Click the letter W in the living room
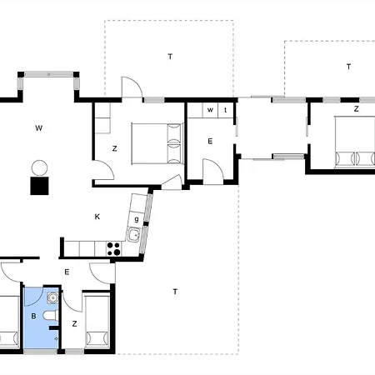pyautogui.click(x=39, y=128)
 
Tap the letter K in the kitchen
pyautogui.click(x=97, y=217)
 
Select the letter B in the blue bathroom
pyautogui.click(x=33, y=316)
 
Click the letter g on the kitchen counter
pyautogui.click(x=137, y=219)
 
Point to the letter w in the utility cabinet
pyautogui.click(x=210, y=110)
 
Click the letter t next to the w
pyautogui.click(x=225, y=110)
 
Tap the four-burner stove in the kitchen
pyautogui.click(x=114, y=249)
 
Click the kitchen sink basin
pyautogui.click(x=134, y=234)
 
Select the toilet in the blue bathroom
pyautogui.click(x=51, y=316)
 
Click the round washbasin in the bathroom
pyautogui.click(x=52, y=297)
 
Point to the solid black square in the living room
pyautogui.click(x=39, y=186)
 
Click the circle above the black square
pyautogui.click(x=39, y=168)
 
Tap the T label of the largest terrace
pyautogui.click(x=175, y=292)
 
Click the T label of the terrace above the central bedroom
pyautogui.click(x=170, y=57)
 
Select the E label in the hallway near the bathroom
pyautogui.click(x=67, y=272)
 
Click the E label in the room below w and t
pyautogui.click(x=210, y=142)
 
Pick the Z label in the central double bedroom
pyautogui.click(x=114, y=149)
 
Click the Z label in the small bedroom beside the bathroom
pyautogui.click(x=74, y=324)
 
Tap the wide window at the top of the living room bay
pyautogui.click(x=48, y=74)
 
